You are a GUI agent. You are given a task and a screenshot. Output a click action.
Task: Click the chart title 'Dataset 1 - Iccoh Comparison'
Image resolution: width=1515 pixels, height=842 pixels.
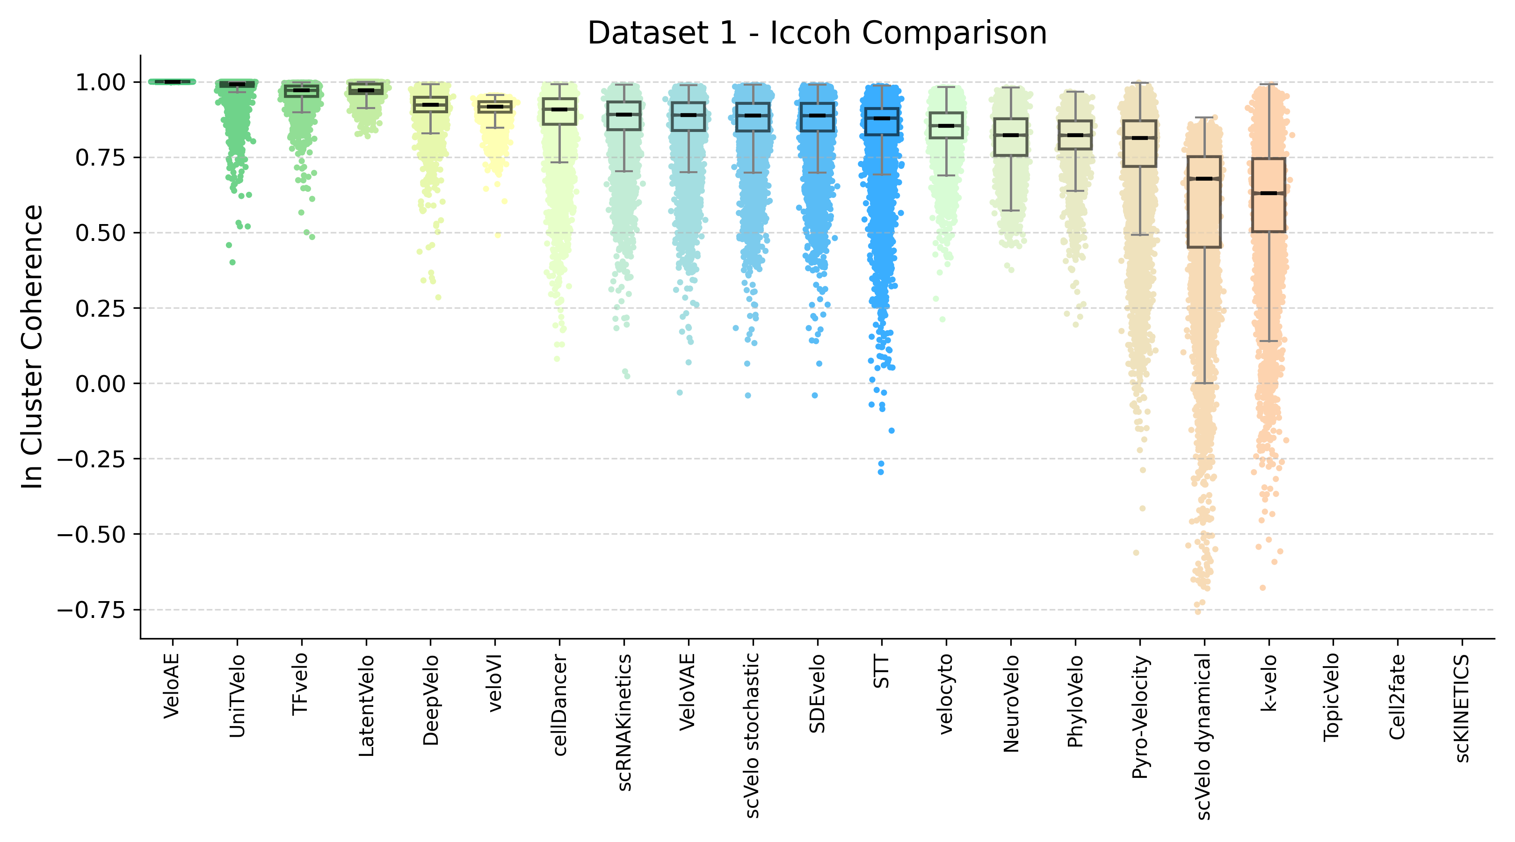point(816,32)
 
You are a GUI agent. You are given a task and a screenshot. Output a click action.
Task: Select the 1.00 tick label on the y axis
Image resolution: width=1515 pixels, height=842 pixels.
point(100,82)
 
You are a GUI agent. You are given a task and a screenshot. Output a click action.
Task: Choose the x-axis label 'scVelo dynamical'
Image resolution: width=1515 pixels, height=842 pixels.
point(1204,736)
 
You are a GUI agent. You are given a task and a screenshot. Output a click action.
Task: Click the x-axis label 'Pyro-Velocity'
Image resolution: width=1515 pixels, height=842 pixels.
point(1140,718)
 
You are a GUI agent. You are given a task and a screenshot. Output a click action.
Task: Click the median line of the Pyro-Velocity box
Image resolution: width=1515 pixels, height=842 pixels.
point(1140,138)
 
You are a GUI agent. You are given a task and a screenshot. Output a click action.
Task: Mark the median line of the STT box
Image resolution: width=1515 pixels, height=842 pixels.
point(882,118)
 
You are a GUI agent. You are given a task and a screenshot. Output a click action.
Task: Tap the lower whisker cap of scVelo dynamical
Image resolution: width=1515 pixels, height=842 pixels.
point(1204,384)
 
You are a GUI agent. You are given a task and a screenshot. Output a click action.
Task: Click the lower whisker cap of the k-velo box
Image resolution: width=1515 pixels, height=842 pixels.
point(1269,341)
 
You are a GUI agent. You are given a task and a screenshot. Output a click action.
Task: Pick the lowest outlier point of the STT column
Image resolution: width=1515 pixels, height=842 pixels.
point(880,472)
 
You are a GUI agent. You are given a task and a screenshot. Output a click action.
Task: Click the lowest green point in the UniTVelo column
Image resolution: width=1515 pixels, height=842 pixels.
point(232,262)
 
